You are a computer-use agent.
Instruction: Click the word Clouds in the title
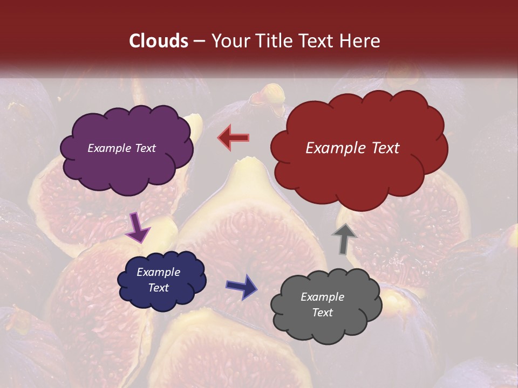click(159, 41)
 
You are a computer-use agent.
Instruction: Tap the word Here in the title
click(361, 41)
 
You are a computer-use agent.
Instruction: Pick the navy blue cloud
click(162, 280)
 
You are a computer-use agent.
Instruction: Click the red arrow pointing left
click(234, 137)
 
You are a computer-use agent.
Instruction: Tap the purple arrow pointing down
click(138, 227)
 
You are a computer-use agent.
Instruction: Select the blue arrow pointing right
click(242, 286)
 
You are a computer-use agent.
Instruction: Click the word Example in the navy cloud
click(158, 272)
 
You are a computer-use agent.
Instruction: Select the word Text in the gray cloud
click(322, 313)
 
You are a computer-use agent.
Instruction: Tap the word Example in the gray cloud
click(322, 297)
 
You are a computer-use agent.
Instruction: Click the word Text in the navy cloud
click(158, 288)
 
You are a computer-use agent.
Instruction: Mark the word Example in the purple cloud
click(108, 148)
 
